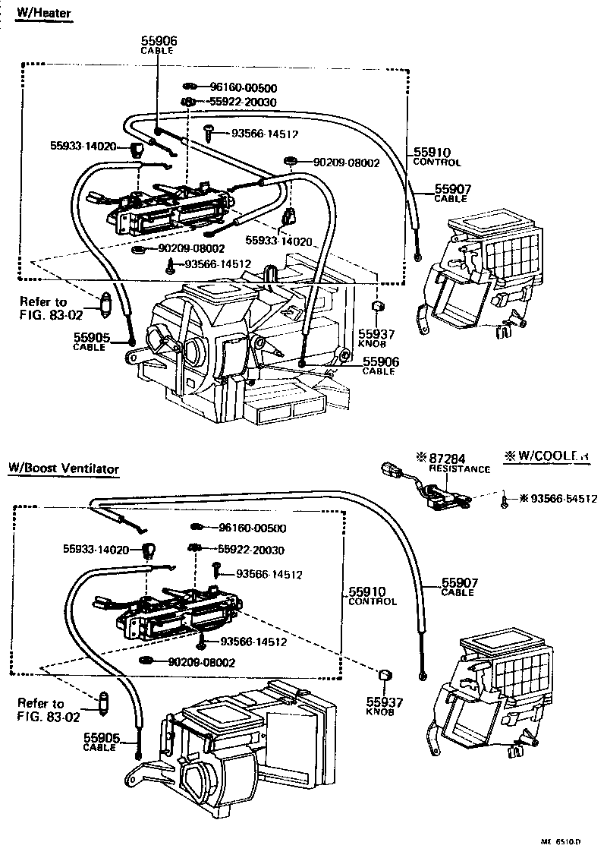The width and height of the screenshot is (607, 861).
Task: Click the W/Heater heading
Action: point(45,15)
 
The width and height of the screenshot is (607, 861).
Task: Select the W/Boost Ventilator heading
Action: point(64,468)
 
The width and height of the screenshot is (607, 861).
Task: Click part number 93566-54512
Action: point(563,499)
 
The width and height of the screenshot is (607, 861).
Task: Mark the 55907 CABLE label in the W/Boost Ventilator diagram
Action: point(458,587)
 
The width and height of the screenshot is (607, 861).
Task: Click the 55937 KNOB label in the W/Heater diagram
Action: point(376,338)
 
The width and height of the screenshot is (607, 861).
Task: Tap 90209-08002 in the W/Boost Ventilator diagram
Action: point(201,662)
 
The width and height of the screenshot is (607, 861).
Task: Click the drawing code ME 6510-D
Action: point(561,841)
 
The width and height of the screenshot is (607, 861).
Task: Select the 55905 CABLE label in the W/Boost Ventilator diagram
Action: point(100,741)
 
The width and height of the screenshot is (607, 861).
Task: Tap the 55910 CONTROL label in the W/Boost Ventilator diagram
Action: point(372,595)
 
